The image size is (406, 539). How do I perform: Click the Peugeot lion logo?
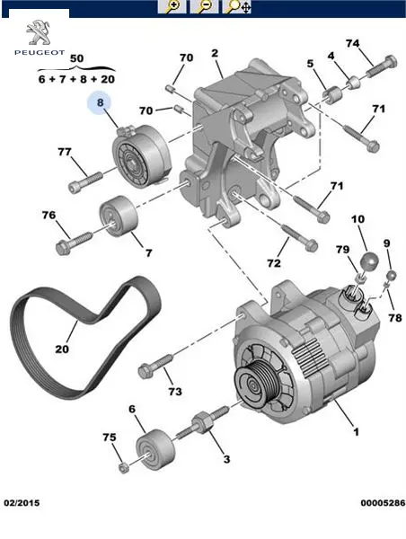coord(38,32)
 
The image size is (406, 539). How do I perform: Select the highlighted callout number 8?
coord(100,102)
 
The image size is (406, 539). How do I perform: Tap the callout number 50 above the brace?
coord(76,58)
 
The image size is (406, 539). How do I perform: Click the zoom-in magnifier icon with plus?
coord(172,6)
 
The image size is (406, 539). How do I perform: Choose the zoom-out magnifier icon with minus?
coord(204,6)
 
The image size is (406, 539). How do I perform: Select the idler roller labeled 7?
coord(119,216)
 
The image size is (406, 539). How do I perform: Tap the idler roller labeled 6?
coord(155,448)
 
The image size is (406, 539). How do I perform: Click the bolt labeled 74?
coord(382,67)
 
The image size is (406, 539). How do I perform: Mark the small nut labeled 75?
coord(124,467)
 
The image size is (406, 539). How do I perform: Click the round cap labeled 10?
coord(369,261)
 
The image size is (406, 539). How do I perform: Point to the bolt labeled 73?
coord(154,367)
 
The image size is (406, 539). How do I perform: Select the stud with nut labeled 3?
coord(203,423)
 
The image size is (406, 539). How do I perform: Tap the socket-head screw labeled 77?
coord(85,182)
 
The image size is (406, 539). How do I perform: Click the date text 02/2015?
coord(22,503)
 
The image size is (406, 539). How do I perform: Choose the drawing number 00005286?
coord(383,503)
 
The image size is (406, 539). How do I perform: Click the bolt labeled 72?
coord(299,238)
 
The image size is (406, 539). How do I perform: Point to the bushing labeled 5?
coord(332,95)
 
